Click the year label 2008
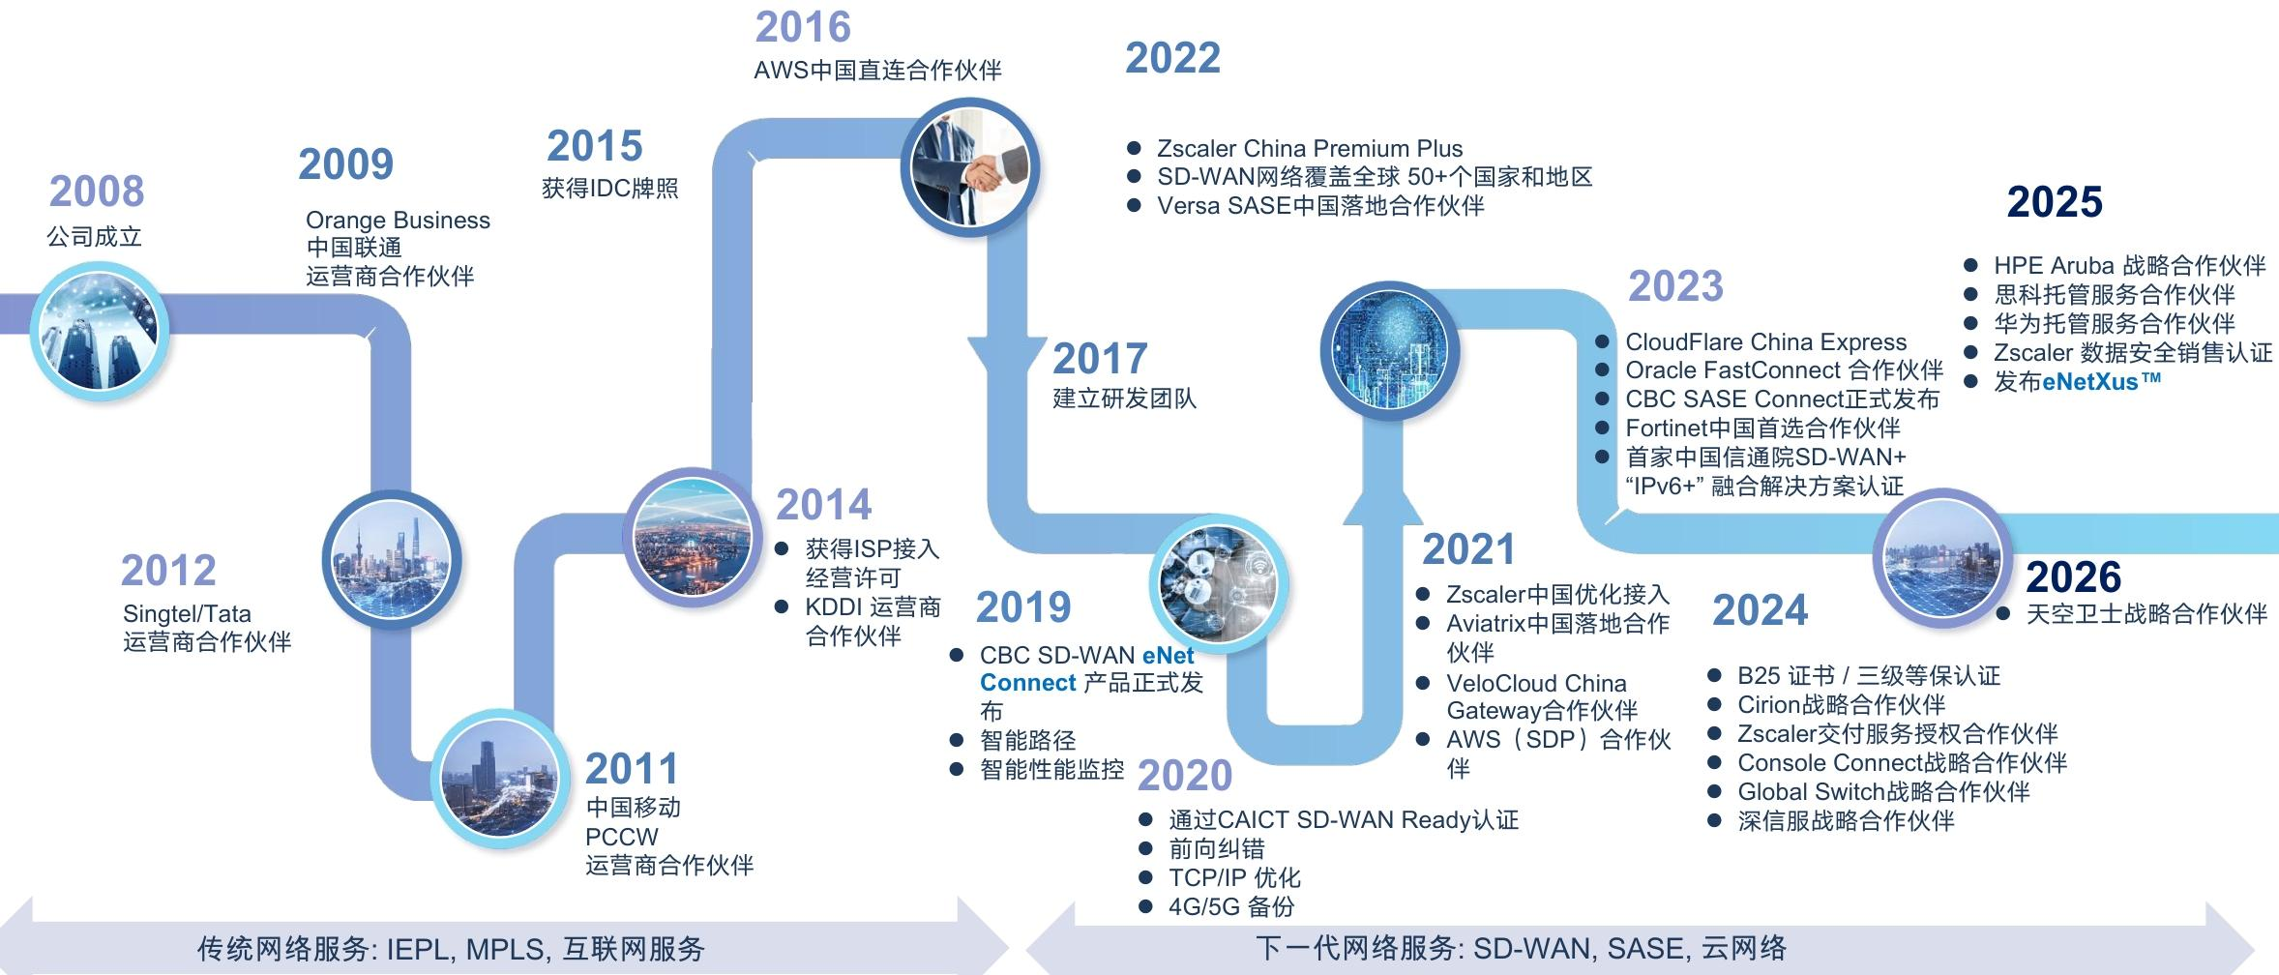pos(97,192)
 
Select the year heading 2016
pos(803,27)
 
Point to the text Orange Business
pos(398,221)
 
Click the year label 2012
pos(168,571)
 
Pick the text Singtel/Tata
pos(187,614)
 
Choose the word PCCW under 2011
pos(622,837)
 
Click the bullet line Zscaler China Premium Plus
pos(1310,149)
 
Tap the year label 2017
pos(1100,359)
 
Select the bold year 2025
pos(2055,202)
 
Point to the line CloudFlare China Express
pos(1766,342)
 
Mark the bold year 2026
pos(2073,577)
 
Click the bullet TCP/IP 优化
pos(1234,878)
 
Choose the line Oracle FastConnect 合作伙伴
pos(1785,370)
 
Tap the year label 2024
pos(1760,610)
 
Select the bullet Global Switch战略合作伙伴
pos(1883,792)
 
